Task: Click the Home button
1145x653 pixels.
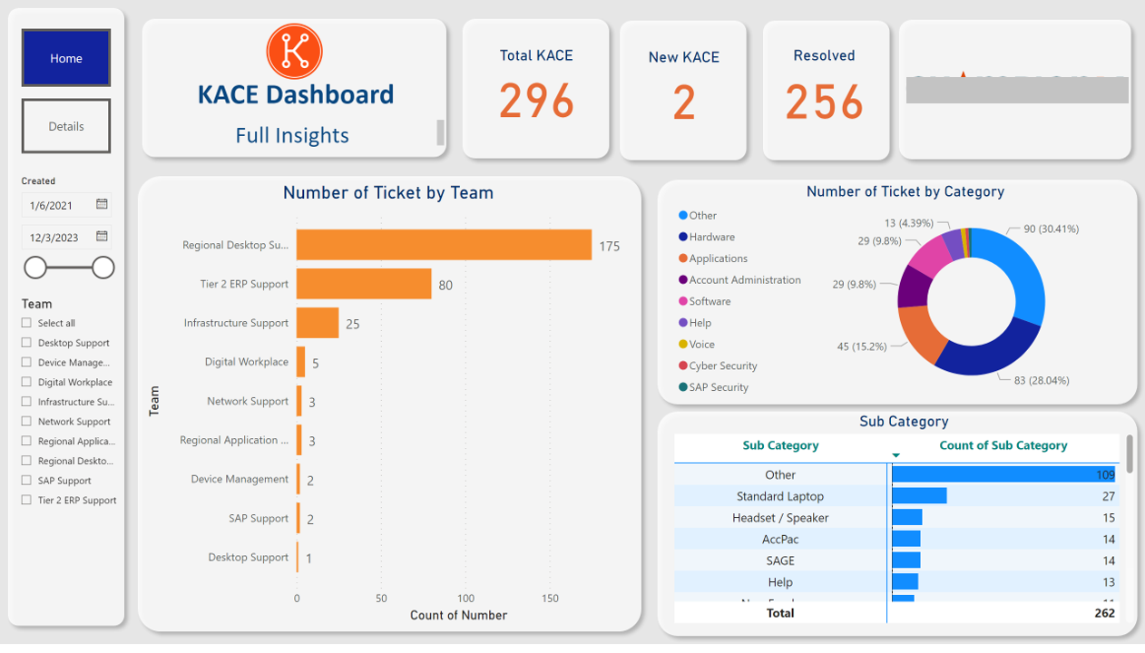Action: [66, 58]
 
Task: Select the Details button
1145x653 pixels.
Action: [66, 126]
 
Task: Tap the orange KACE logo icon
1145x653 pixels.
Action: [294, 52]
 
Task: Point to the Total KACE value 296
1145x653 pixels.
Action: [536, 101]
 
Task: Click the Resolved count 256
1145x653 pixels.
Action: [824, 101]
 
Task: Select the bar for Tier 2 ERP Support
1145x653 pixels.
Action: [364, 284]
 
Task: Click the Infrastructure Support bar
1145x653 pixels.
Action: [318, 323]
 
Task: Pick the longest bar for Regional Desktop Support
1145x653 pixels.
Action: [444, 245]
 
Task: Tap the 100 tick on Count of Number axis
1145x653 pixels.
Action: [465, 599]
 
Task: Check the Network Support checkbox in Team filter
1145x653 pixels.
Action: [26, 421]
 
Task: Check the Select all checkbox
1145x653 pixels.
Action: [26, 323]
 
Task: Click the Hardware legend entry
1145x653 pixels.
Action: [711, 237]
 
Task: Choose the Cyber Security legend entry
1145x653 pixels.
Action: [722, 365]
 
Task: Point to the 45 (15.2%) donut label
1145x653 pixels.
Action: [862, 346]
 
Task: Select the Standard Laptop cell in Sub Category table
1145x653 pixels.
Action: [780, 496]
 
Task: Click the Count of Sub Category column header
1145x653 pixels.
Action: [1003, 445]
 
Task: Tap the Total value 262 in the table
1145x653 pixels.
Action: [1103, 613]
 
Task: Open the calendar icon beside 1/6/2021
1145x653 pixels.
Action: [102, 205]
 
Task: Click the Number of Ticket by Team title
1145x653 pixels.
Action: [388, 192]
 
